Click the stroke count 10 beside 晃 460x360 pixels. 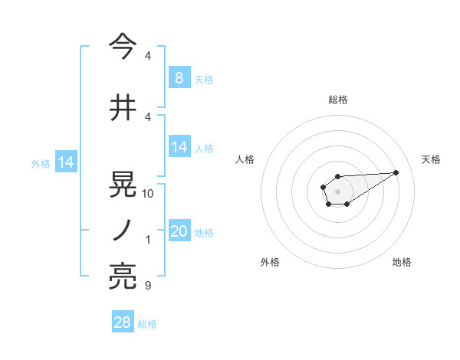(148, 194)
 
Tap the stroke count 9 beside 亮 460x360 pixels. (148, 286)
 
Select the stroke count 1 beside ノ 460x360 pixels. (148, 240)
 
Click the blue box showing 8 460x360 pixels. (179, 77)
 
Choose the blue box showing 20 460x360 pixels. (179, 231)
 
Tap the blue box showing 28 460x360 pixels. (123, 322)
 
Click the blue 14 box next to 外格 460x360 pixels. (66, 162)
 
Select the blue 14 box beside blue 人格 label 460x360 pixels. (179, 147)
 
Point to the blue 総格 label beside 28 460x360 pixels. (147, 324)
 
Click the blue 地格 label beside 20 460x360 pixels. (204, 233)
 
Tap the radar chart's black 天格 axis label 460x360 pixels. (432, 159)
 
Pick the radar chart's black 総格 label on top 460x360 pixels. (338, 100)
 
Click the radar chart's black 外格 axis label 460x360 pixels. (270, 262)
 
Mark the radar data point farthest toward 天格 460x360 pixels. (396, 172)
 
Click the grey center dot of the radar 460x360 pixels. (337, 190)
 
